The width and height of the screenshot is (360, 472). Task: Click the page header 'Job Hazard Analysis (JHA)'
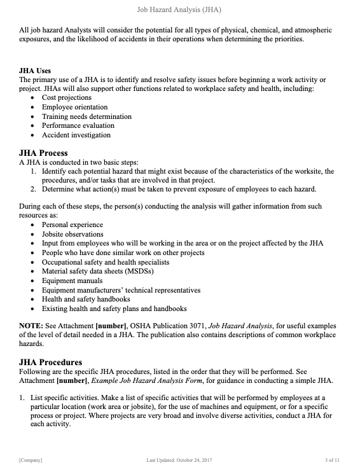coord(179,10)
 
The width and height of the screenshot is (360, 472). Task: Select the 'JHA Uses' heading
coord(35,71)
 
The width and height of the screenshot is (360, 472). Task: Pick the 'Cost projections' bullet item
coord(67,98)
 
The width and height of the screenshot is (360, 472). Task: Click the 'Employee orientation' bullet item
coord(74,108)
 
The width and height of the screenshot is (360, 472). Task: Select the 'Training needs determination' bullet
coord(87,116)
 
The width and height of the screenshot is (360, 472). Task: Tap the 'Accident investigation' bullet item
coord(76,135)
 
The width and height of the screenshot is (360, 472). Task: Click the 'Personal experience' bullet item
coord(72,225)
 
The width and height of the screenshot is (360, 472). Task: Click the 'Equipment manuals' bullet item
coord(71,281)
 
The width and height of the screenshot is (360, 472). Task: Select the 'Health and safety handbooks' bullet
coord(86,299)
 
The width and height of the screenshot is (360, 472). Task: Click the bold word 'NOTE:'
coord(31,326)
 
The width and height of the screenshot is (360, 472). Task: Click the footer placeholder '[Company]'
coord(31,459)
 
